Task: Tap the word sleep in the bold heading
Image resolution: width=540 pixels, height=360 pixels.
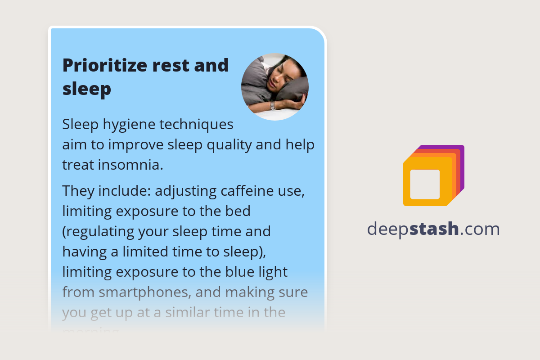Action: pos(86,89)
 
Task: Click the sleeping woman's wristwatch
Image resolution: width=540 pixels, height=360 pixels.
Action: pos(272,106)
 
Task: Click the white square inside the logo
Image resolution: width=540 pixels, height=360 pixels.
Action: pos(425,184)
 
